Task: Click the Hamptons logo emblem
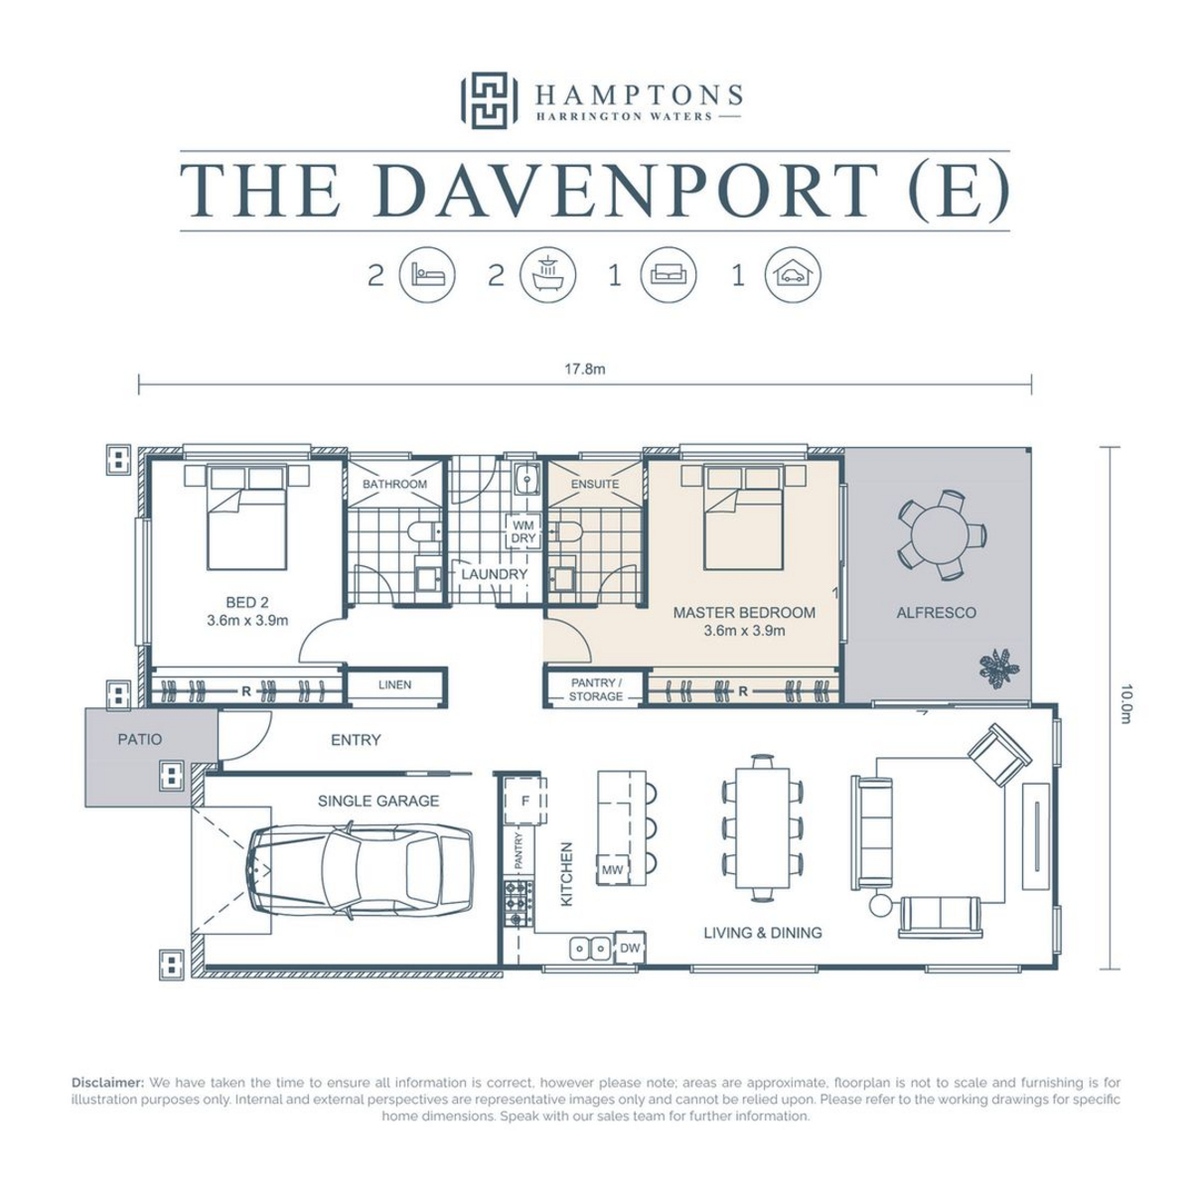click(489, 101)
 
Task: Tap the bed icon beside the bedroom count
click(427, 274)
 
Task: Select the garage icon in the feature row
click(793, 274)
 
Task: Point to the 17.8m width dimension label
click(584, 370)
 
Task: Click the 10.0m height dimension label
click(1125, 703)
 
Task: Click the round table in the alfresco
click(941, 535)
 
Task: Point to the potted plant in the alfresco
click(998, 669)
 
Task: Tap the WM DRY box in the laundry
click(522, 531)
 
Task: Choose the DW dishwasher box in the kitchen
click(630, 948)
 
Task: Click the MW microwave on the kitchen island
click(613, 870)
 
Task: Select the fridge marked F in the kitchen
click(525, 801)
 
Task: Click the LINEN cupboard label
click(394, 684)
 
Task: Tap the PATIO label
click(140, 739)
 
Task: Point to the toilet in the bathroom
click(425, 530)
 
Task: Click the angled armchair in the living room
click(998, 755)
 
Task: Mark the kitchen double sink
click(590, 948)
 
